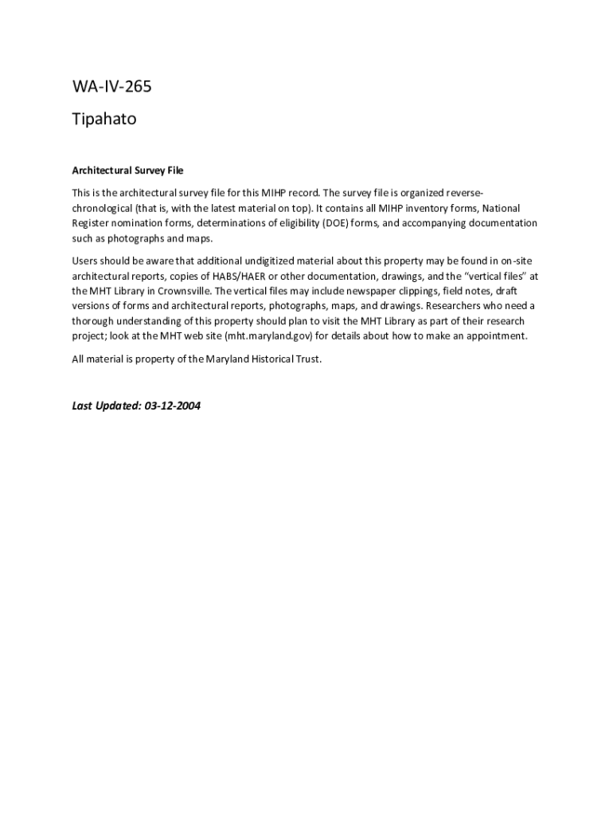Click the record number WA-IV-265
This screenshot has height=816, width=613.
point(111,88)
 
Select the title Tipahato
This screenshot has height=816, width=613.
point(104,120)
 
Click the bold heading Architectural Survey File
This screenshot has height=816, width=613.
point(127,171)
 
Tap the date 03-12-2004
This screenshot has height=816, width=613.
point(173,406)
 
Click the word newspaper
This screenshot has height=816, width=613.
point(350,291)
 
